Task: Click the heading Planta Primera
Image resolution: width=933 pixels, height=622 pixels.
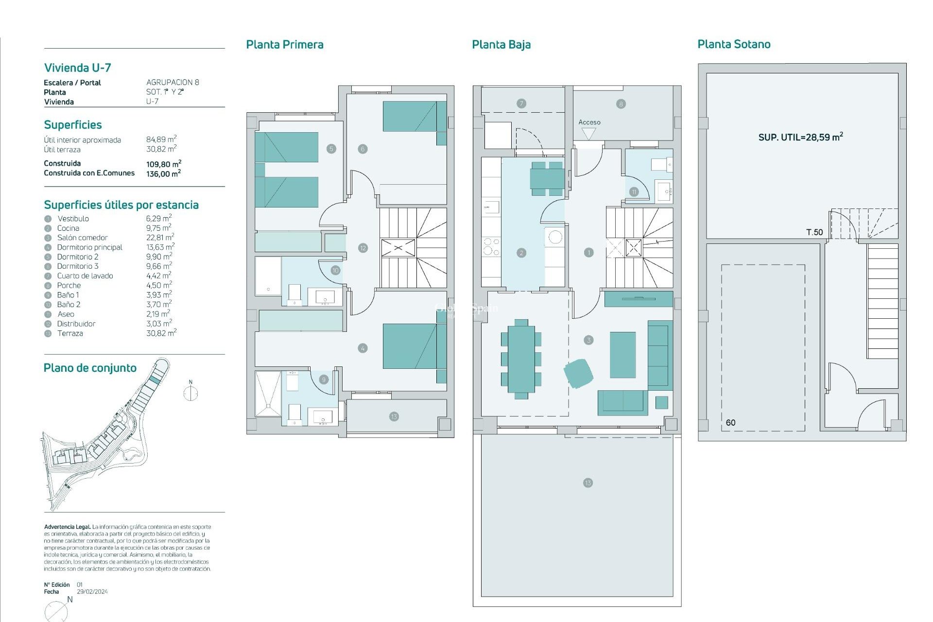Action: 284,45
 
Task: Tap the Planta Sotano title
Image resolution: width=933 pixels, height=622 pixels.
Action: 734,44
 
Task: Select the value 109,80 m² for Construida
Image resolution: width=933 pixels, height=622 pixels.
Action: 164,164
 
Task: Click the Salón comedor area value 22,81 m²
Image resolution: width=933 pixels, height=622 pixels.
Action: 160,238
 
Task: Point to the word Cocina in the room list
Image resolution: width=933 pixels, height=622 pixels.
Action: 68,228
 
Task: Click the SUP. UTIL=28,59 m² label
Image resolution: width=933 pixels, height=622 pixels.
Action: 800,137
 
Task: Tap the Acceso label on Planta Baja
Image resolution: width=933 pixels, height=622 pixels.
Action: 589,122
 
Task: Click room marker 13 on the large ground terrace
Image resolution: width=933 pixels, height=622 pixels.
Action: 587,483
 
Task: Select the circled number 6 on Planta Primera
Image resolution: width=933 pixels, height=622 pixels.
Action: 363,149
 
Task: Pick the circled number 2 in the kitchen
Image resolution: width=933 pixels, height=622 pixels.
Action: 521,253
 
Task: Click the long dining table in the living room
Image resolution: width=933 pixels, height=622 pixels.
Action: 521,359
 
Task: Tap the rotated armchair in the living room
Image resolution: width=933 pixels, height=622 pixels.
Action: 578,373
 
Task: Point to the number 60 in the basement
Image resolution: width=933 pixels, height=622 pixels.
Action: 730,423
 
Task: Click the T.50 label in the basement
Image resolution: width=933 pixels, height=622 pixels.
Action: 814,232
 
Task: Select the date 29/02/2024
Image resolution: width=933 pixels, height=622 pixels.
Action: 92,592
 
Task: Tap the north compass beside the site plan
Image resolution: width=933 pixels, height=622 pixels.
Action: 190,392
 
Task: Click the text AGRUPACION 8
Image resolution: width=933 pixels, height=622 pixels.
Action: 173,83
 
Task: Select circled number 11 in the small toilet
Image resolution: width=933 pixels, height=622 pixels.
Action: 634,192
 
